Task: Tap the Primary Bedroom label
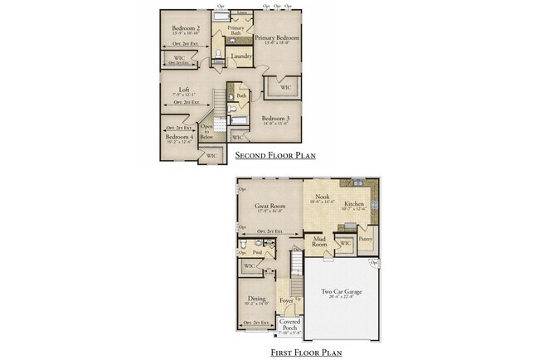pyautogui.click(x=277, y=38)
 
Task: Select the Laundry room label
pyautogui.click(x=241, y=56)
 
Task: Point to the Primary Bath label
pyautogui.click(x=236, y=29)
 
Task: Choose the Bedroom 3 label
pyautogui.click(x=275, y=119)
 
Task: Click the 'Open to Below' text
pyautogui.click(x=206, y=131)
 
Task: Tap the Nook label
pyautogui.click(x=323, y=197)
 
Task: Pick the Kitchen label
pyautogui.click(x=354, y=204)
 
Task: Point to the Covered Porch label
pyautogui.click(x=289, y=324)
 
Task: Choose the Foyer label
pyautogui.click(x=286, y=301)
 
